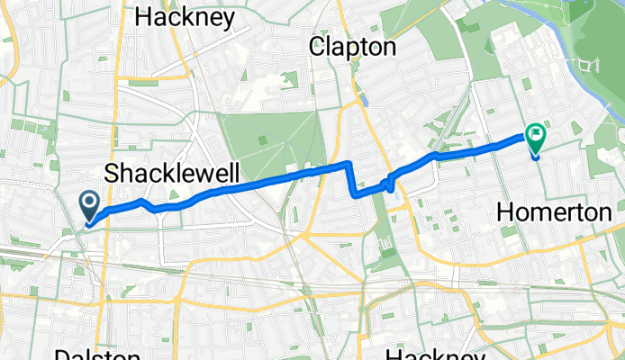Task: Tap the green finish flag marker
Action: pyautogui.click(x=536, y=138)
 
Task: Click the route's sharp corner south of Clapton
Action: pyautogui.click(x=349, y=164)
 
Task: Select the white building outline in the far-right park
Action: pyautogui.click(x=592, y=64)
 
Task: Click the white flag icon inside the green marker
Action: pyautogui.click(x=537, y=136)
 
